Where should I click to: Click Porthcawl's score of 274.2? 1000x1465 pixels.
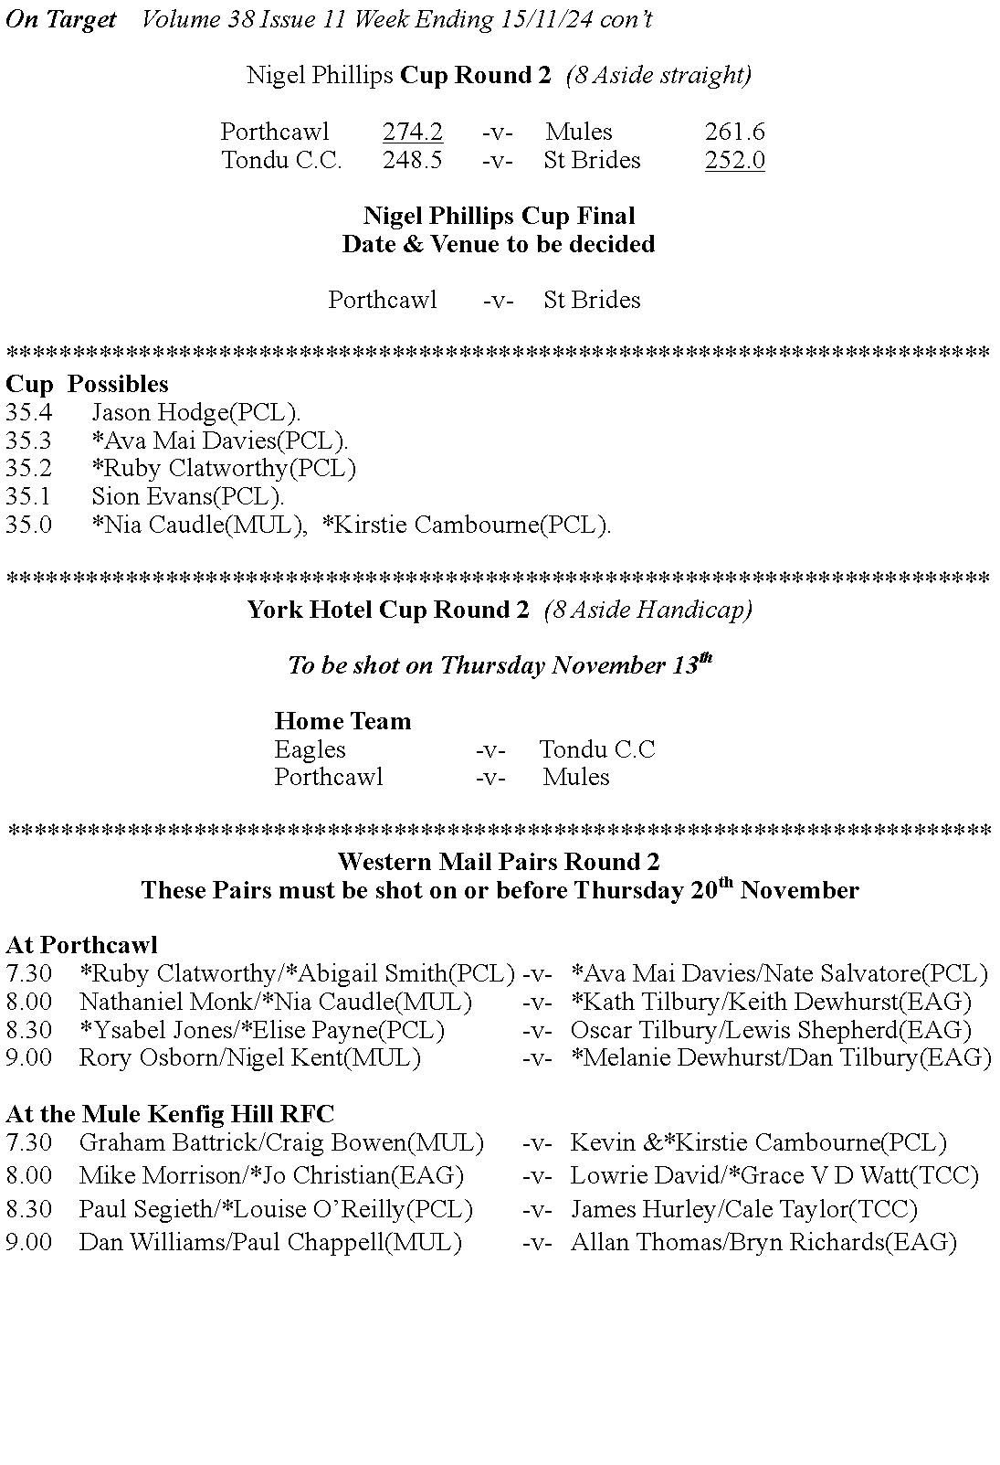pos(412,133)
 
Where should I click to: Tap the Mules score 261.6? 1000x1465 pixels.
pos(734,133)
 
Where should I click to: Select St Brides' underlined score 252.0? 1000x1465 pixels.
pos(734,161)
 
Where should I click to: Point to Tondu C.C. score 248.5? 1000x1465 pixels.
pos(412,161)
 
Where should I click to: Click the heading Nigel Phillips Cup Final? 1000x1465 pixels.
pos(499,217)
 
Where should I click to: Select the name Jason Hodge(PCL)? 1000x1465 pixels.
pos(195,413)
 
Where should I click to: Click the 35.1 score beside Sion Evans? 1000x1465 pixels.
pos(28,497)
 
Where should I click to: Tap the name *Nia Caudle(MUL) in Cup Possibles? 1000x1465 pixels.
pos(199,525)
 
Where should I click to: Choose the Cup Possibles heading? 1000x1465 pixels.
pos(87,384)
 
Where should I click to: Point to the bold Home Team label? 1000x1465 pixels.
pos(342,722)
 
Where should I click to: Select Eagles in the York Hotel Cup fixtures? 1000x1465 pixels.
pos(310,750)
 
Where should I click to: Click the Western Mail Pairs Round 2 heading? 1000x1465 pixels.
pos(499,862)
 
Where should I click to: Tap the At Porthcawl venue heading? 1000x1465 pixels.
pos(81,945)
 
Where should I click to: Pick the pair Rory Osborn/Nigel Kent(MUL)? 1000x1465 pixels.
pos(249,1058)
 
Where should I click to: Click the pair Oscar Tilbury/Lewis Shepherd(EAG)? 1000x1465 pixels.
pos(771,1030)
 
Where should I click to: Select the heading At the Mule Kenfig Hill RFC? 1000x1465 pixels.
pos(170,1114)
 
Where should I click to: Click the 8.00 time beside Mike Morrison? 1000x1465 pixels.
pos(28,1175)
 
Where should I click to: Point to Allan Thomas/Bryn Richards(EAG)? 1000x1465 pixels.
pos(763,1243)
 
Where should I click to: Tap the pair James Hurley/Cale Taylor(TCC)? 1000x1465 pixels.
pos(743,1210)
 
